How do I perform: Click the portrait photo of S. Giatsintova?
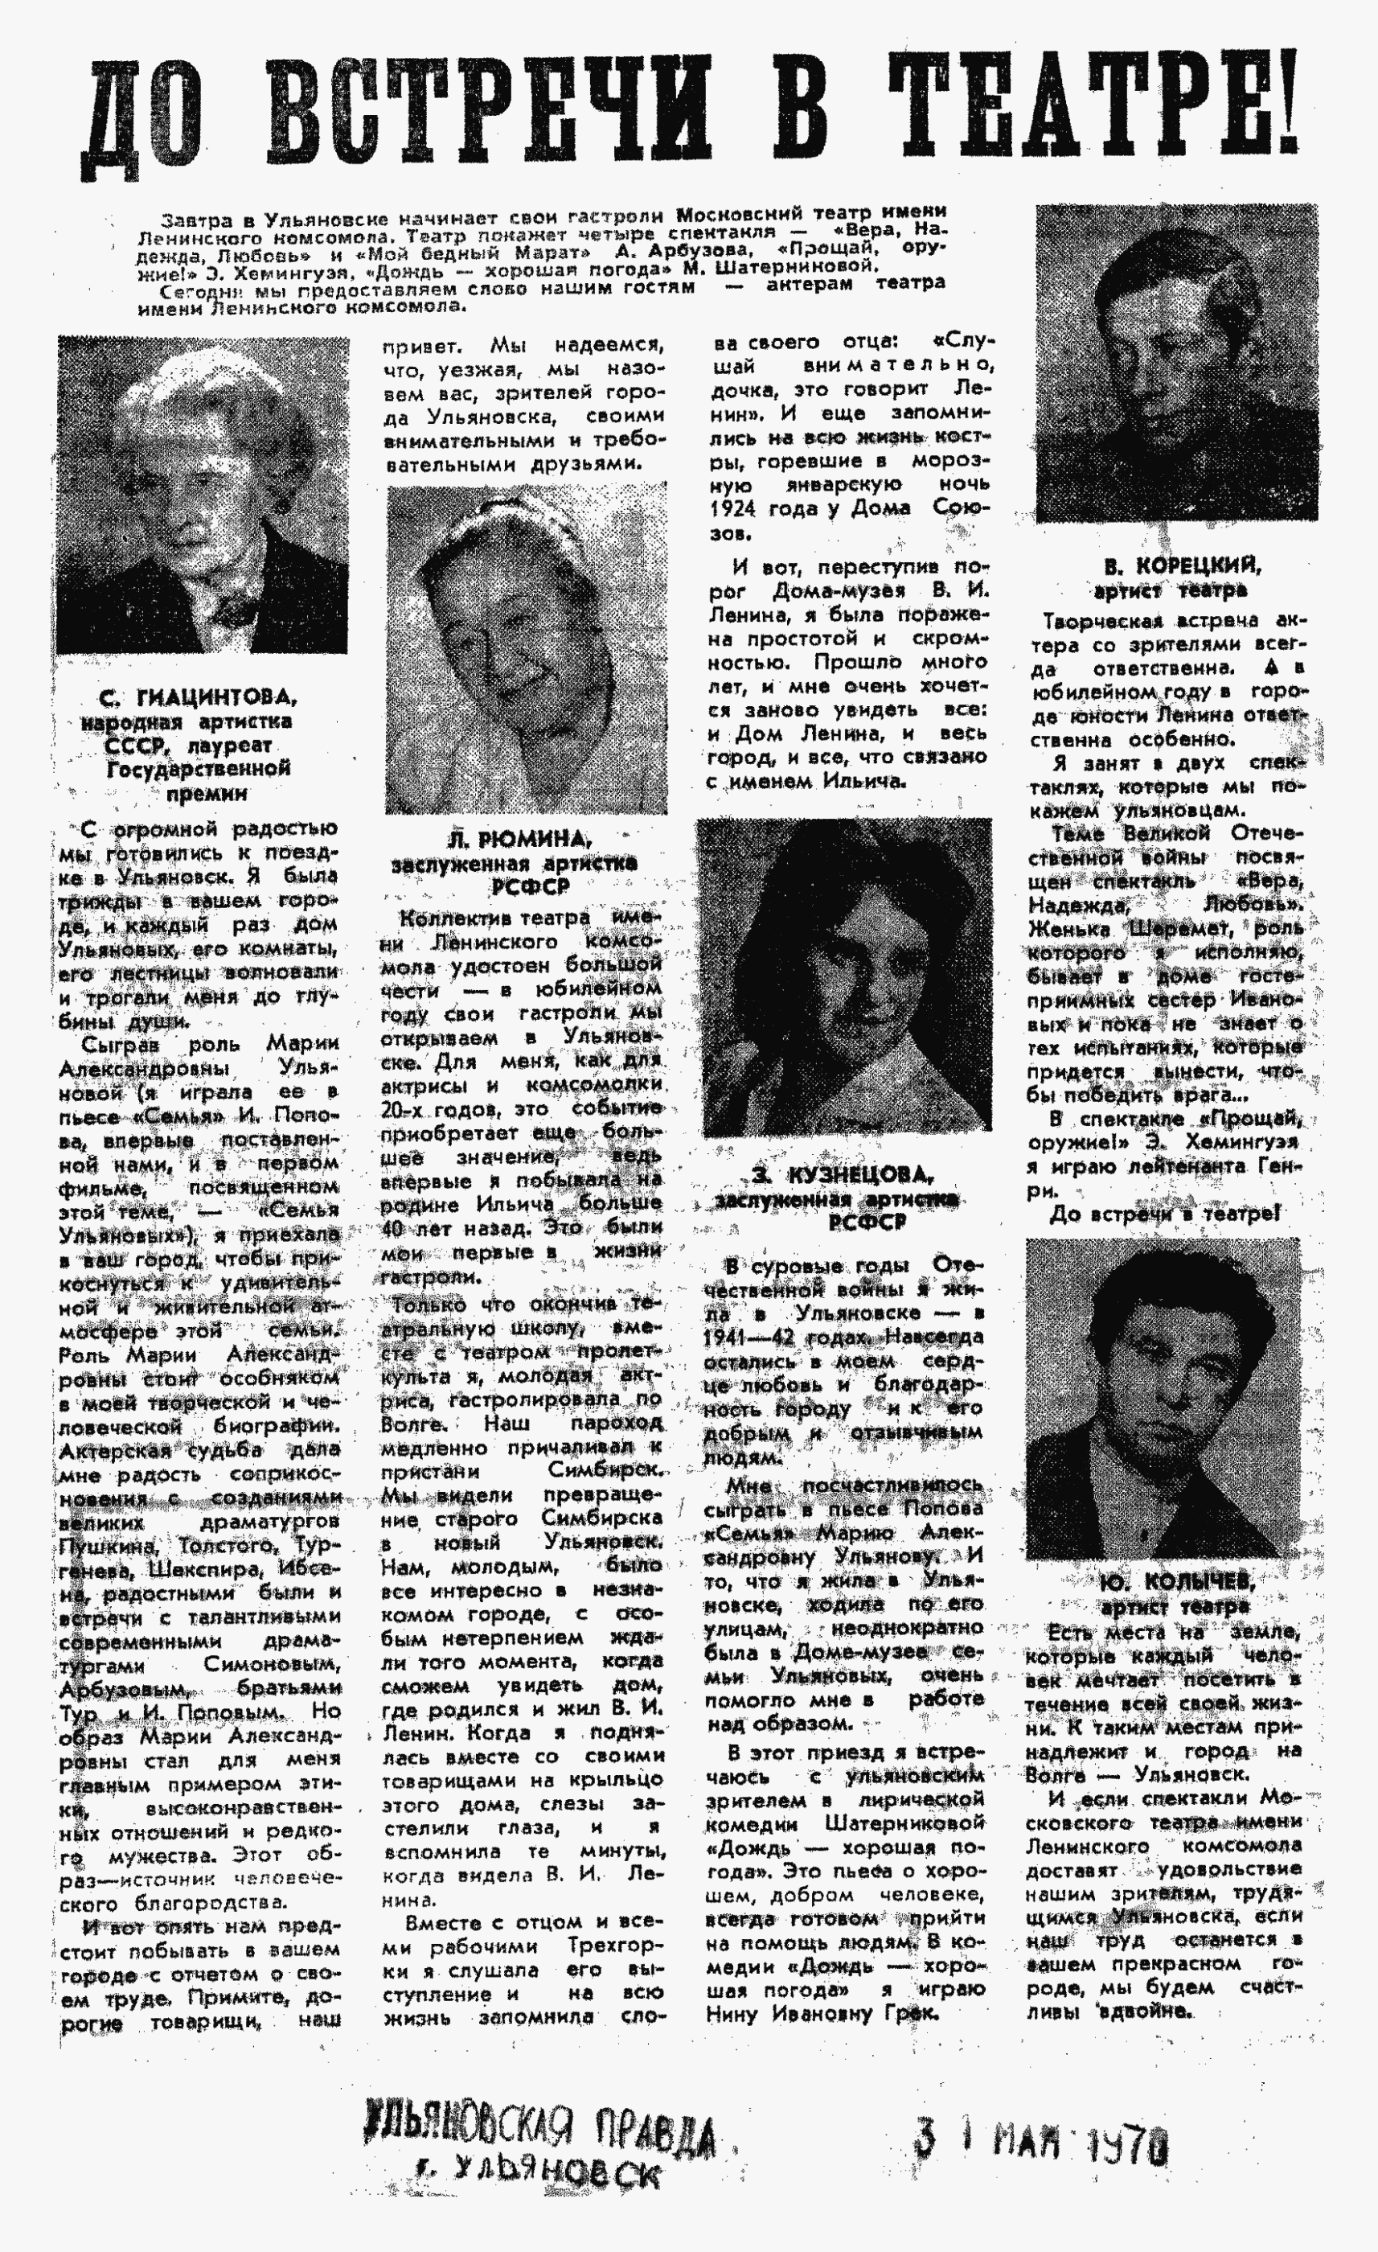pyautogui.click(x=202, y=495)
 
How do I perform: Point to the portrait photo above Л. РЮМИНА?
pyautogui.click(x=527, y=648)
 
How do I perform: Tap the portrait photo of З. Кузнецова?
pyautogui.click(x=844, y=975)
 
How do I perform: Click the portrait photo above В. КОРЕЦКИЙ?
pyautogui.click(x=1176, y=363)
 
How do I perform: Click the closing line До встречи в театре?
pyautogui.click(x=1164, y=1214)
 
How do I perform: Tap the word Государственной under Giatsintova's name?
pyautogui.click(x=199, y=768)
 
